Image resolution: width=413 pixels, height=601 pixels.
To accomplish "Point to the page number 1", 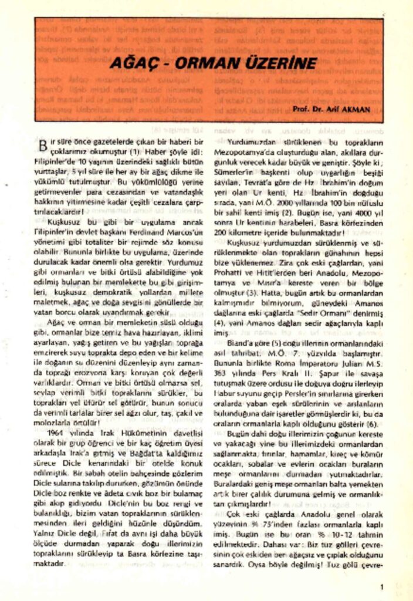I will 382,586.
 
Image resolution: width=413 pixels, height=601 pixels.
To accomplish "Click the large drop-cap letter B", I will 42,145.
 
